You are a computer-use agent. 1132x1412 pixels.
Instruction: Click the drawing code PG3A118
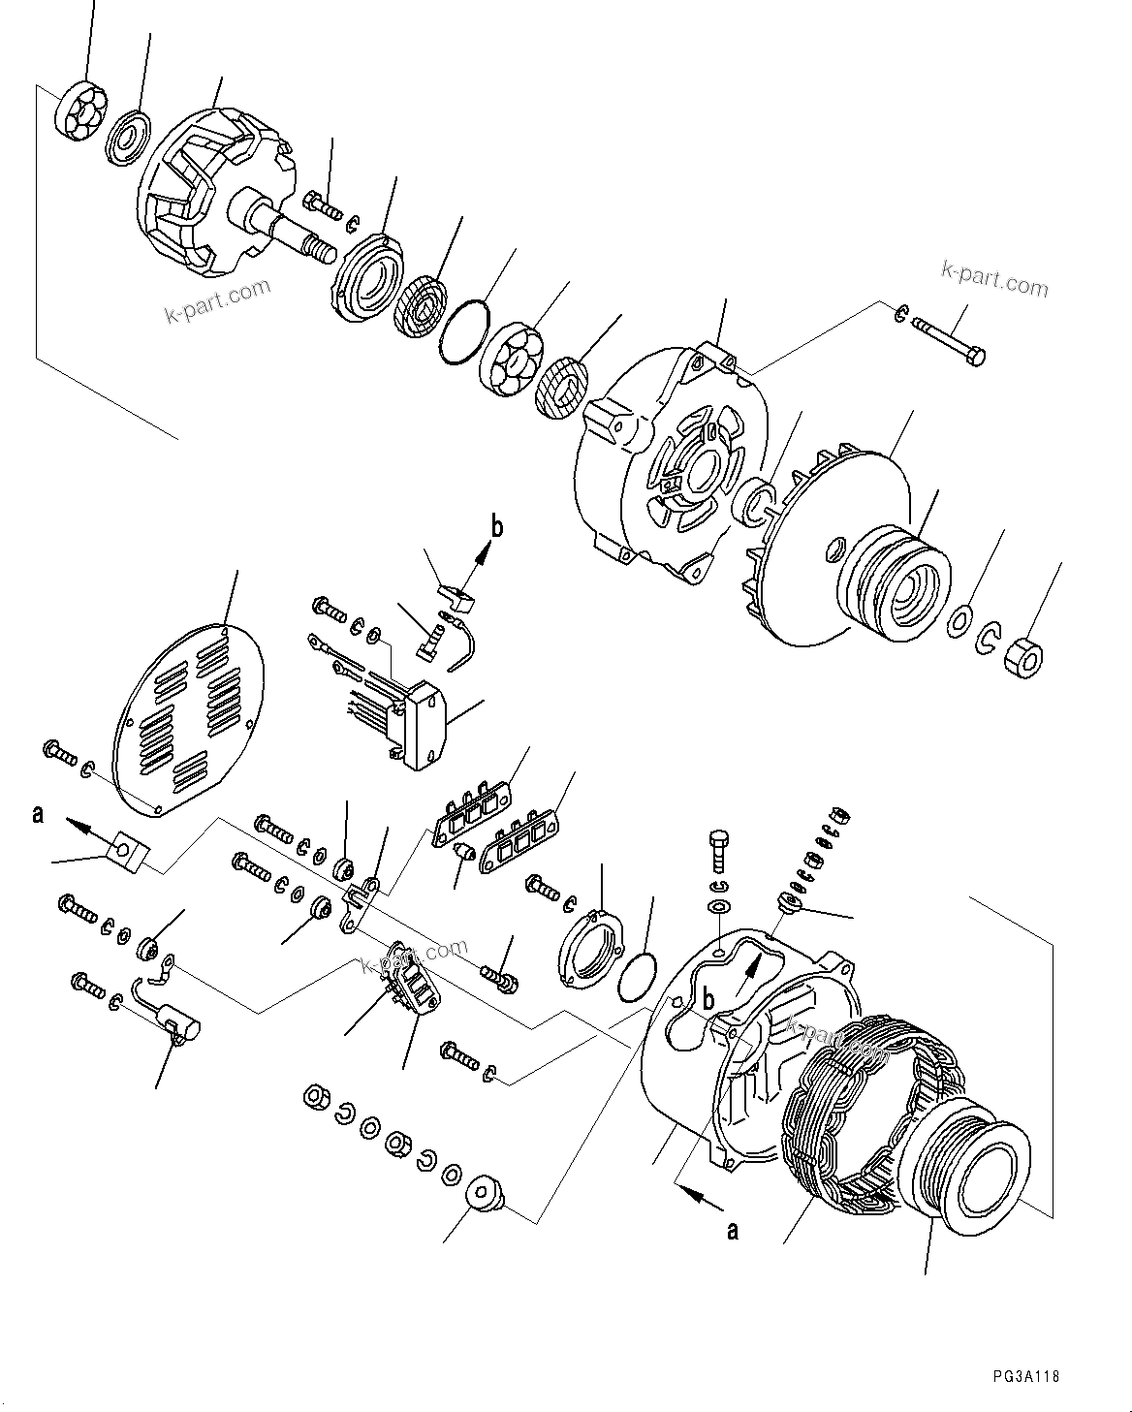1025,1376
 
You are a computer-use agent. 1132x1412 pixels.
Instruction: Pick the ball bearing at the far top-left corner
79,111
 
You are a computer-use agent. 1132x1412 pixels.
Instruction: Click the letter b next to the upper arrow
497,528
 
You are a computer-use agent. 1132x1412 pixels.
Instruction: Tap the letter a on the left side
38,814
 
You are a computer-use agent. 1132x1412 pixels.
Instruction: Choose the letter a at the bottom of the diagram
733,1231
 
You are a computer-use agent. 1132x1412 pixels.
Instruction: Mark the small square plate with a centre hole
126,850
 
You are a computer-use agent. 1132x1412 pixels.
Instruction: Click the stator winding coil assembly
843,1105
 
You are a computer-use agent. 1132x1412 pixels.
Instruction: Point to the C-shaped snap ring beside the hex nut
987,637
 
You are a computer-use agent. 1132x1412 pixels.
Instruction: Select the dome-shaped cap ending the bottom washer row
482,1196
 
